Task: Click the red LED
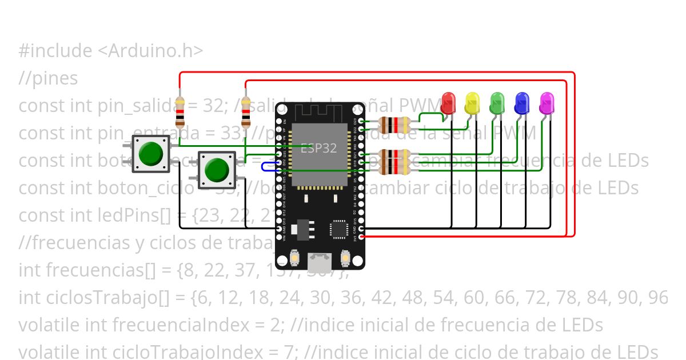click(x=449, y=103)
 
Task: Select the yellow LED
click(x=472, y=103)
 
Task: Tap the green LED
click(x=497, y=103)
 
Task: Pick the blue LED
click(x=522, y=103)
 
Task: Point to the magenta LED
click(x=547, y=103)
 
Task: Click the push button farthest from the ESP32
click(x=151, y=153)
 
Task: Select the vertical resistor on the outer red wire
click(x=180, y=111)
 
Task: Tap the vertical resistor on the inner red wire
click(x=246, y=111)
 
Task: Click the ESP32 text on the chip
click(x=318, y=147)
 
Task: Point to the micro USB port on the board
click(x=320, y=262)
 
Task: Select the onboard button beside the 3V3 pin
click(x=345, y=259)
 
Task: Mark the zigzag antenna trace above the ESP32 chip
click(x=319, y=112)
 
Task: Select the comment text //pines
click(x=48, y=78)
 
